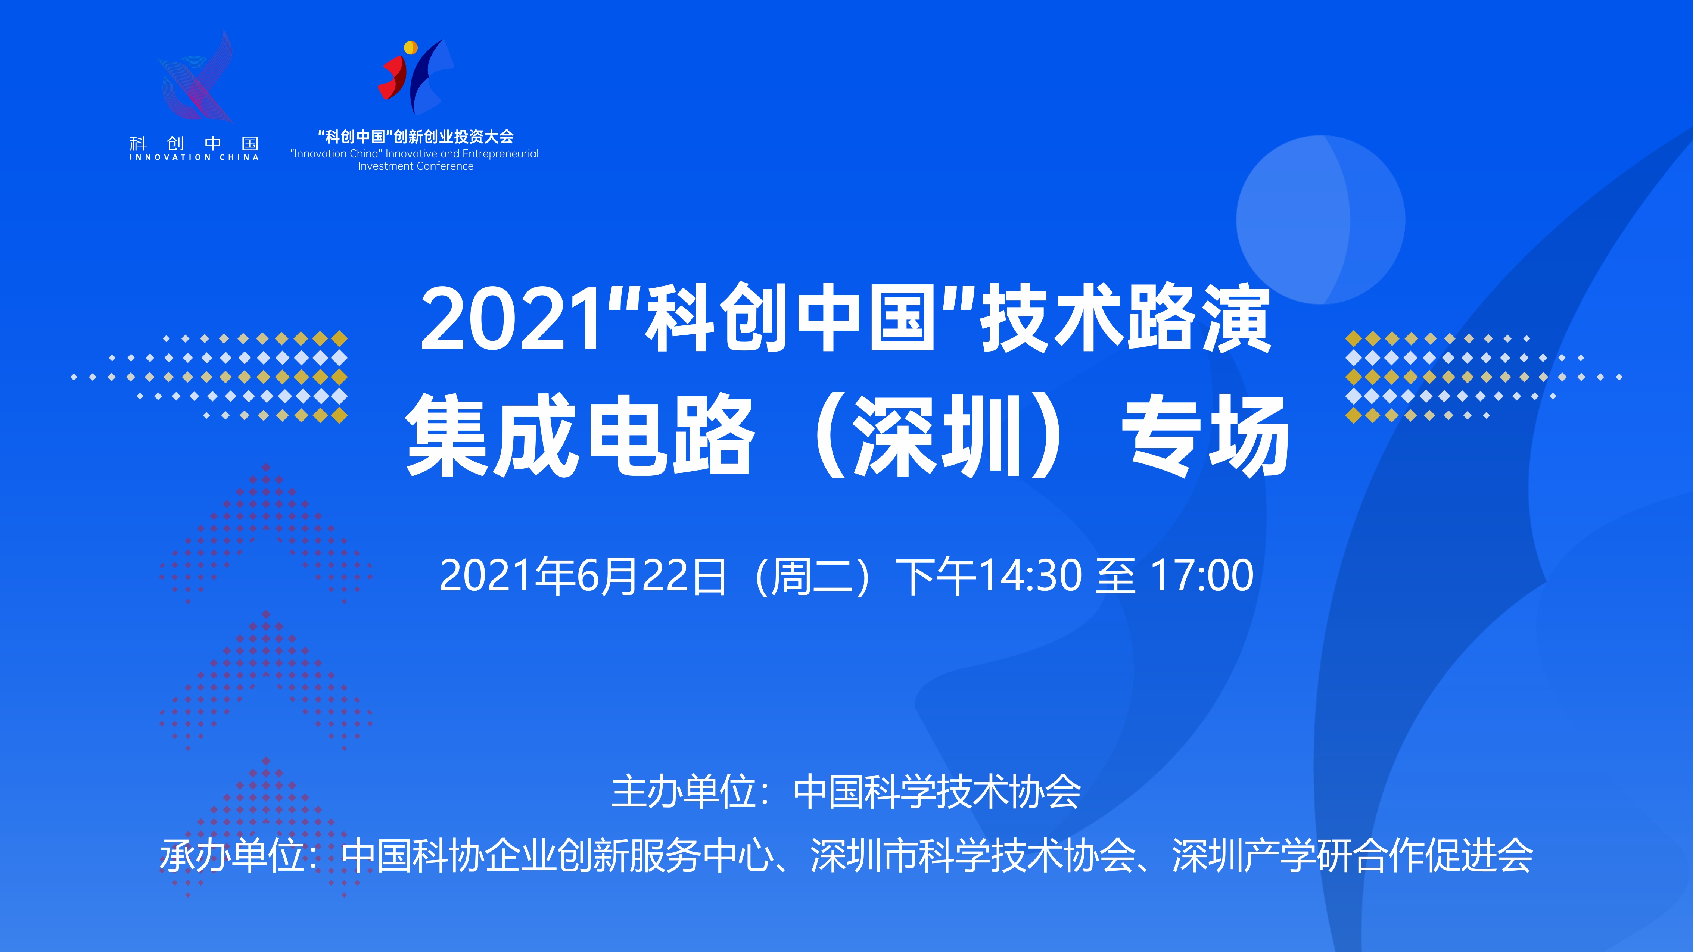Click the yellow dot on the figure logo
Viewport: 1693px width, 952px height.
pyautogui.click(x=411, y=47)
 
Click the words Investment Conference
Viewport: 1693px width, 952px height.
pyautogui.click(x=416, y=166)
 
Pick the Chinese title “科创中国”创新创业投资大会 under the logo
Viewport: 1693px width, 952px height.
pyautogui.click(x=416, y=137)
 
